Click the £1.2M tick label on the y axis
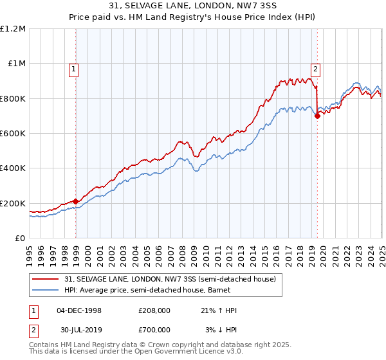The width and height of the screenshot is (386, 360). pyautogui.click(x=13, y=29)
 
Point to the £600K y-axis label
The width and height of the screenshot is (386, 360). pyautogui.click(x=13, y=134)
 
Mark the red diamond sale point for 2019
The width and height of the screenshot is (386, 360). pyautogui.click(x=318, y=116)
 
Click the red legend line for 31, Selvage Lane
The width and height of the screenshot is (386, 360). pyautogui.click(x=45, y=279)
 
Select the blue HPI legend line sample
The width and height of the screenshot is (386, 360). pyautogui.click(x=45, y=290)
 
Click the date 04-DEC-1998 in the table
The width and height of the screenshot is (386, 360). pyautogui.click(x=79, y=310)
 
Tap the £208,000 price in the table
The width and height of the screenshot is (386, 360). pyautogui.click(x=154, y=310)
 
